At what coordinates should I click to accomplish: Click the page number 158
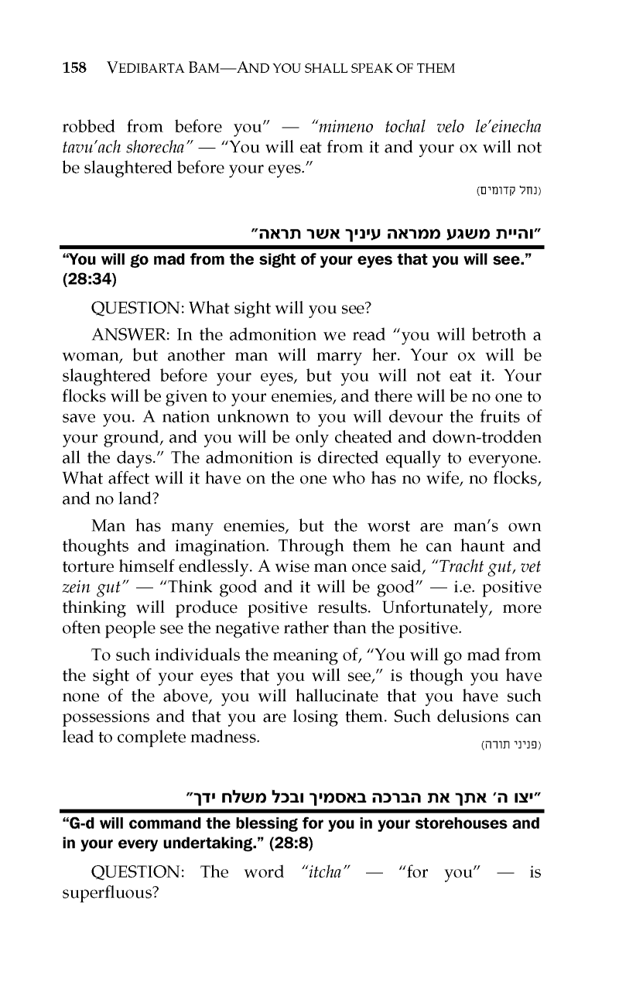click(x=74, y=68)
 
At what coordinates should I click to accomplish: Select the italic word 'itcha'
click(x=327, y=873)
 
